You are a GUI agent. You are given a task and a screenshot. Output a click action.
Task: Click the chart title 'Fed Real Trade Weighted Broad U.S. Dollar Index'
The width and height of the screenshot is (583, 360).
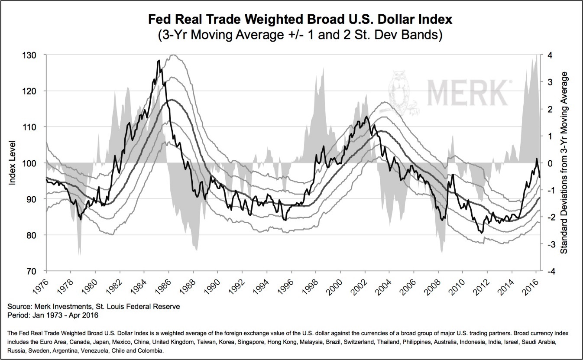tap(291, 20)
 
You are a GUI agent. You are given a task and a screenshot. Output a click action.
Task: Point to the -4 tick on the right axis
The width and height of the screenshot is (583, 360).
tap(550, 271)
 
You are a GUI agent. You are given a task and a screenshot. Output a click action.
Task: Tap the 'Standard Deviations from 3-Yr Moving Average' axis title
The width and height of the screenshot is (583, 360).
tap(564, 163)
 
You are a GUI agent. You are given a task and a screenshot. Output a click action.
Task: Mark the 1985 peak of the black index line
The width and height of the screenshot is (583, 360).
tap(159, 61)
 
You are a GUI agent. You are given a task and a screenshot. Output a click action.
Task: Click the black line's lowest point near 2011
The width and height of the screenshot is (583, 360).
tap(483, 233)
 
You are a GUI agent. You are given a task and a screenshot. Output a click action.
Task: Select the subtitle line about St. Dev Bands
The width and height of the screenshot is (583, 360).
tap(291, 35)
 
